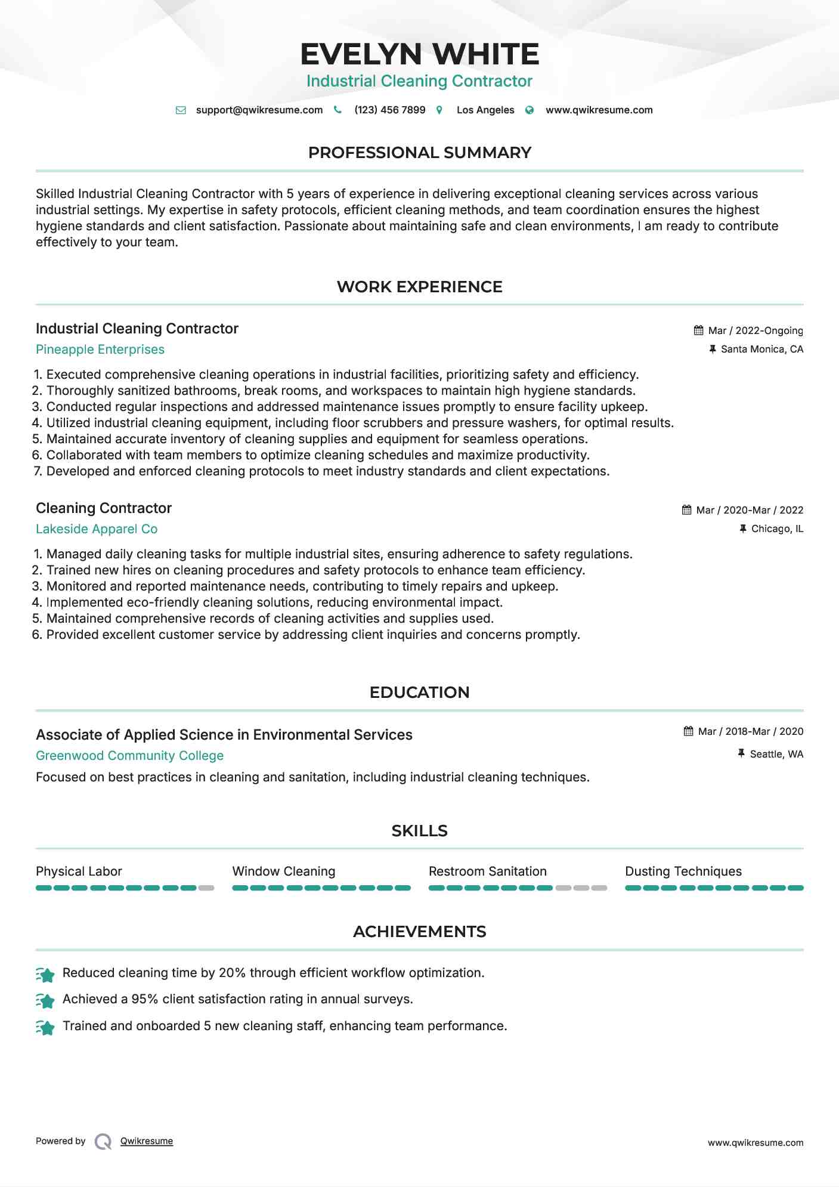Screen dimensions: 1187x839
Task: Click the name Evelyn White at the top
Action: pos(419,54)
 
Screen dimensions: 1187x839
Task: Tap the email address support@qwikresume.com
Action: pos(259,110)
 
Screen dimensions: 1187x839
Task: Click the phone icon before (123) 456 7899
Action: pos(338,110)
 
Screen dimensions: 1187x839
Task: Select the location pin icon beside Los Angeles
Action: pos(439,110)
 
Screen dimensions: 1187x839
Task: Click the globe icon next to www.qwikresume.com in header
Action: pos(530,110)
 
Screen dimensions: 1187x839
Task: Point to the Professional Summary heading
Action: pos(419,153)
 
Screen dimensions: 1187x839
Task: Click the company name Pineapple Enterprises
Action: pos(100,350)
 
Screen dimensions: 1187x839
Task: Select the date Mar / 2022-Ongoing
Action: pos(755,330)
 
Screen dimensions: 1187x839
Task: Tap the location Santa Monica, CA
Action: pos(761,349)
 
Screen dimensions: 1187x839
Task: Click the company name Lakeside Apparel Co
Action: pos(97,529)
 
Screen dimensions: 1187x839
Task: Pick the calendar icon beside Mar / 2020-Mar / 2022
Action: pos(686,510)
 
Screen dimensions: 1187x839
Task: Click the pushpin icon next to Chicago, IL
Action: pos(742,528)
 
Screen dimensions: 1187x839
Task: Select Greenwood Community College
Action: pos(129,756)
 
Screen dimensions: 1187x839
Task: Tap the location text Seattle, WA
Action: pos(776,754)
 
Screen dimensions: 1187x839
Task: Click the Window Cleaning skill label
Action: pos(284,871)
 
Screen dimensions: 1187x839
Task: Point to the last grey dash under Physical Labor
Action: pos(206,888)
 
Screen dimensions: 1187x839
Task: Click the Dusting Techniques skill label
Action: pos(683,871)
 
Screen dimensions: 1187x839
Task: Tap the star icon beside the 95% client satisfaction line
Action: pos(45,1000)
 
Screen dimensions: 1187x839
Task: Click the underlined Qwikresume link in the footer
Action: pos(147,1141)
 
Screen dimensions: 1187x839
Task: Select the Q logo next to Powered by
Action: pos(103,1142)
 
